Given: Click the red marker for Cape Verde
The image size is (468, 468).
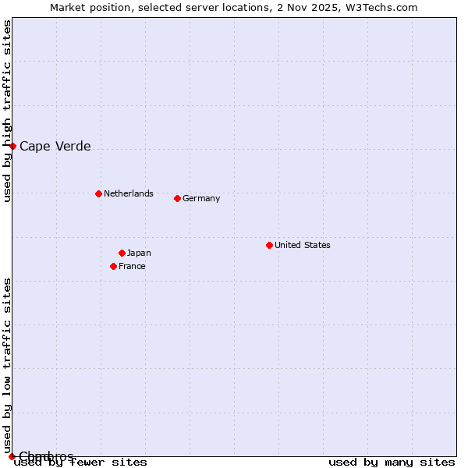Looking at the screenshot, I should pyautogui.click(x=12, y=146).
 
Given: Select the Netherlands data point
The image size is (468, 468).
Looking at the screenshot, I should pyautogui.click(x=98, y=193).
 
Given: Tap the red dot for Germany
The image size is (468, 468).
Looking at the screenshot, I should pyautogui.click(x=177, y=198).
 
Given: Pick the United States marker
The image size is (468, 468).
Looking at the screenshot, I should pyautogui.click(x=269, y=245).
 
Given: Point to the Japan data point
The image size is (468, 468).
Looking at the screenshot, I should pyautogui.click(x=122, y=253).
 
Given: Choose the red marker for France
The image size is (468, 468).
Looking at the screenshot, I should pyautogui.click(x=113, y=266).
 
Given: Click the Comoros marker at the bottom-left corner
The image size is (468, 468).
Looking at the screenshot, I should pyautogui.click(x=12, y=456).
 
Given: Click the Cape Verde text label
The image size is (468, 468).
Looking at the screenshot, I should pyautogui.click(x=55, y=146).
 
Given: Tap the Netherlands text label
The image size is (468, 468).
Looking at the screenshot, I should pyautogui.click(x=129, y=193).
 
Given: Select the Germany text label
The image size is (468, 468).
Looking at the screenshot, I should pyautogui.click(x=201, y=198).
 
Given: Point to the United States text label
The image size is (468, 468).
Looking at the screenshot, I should pyautogui.click(x=303, y=245).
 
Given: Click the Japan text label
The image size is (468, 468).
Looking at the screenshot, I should pyautogui.click(x=139, y=253).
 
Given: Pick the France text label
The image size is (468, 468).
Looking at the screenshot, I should pyautogui.click(x=132, y=266).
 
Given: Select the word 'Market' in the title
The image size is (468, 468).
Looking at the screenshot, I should pyautogui.click(x=68, y=7).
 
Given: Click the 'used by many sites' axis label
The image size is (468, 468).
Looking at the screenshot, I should pyautogui.click(x=392, y=462).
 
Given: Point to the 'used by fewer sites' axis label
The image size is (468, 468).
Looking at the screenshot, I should pyautogui.click(x=81, y=462).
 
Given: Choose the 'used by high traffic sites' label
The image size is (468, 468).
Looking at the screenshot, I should pyautogui.click(x=7, y=111).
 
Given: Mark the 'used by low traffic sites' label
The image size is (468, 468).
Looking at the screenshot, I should pyautogui.click(x=7, y=365).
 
